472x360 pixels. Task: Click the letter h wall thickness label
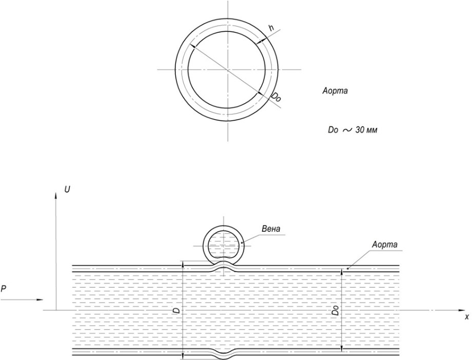[x=271, y=28]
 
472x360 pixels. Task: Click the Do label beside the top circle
[x=276, y=97]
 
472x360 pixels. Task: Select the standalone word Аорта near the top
[x=335, y=91]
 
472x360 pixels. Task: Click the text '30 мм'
[x=366, y=130]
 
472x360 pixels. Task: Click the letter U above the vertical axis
[x=67, y=190]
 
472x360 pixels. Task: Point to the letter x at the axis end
[x=466, y=316]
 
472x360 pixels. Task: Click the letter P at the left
[x=3, y=289]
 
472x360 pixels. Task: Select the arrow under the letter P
[x=22, y=299]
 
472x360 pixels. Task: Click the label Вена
[x=271, y=229]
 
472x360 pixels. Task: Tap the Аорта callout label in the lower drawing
[x=385, y=245]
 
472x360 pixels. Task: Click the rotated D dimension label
[x=178, y=310]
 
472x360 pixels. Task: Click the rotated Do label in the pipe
[x=336, y=310]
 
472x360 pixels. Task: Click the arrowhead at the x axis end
[x=462, y=310]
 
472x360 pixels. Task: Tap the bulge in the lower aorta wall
[x=223, y=352]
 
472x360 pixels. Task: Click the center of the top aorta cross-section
[x=228, y=70]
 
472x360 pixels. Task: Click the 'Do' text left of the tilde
[x=333, y=130]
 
